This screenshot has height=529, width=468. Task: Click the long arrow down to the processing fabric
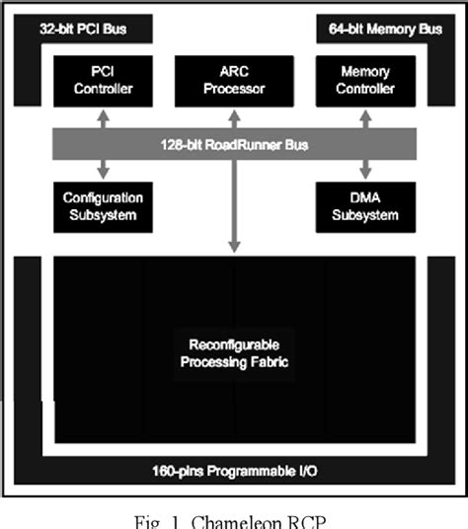(234, 207)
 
